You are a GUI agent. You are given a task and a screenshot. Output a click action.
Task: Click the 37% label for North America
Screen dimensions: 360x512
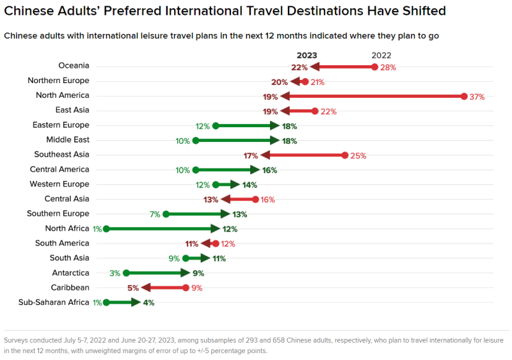pos(477,97)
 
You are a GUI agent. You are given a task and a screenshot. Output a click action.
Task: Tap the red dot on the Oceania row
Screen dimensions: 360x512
pos(374,67)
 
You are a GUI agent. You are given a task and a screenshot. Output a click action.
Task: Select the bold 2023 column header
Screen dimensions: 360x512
pos(307,56)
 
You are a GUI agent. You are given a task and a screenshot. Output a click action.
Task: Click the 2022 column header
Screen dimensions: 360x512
pos(381,56)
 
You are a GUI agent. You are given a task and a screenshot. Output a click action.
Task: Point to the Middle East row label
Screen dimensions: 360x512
pos(68,139)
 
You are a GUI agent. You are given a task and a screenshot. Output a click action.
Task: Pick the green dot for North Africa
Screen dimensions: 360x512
pos(106,228)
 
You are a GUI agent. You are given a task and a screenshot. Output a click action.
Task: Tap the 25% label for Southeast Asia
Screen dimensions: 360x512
pos(358,155)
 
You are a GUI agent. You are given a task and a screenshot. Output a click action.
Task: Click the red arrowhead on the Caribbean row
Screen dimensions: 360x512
pos(147,288)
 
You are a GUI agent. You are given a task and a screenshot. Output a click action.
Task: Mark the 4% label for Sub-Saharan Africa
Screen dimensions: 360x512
pos(148,302)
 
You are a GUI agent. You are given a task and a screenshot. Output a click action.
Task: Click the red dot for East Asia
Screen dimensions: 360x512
pos(315,111)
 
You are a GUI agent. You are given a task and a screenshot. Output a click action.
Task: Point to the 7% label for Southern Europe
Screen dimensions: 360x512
pos(154,214)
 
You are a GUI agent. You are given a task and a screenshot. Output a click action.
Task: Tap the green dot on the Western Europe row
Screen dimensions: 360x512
pos(216,185)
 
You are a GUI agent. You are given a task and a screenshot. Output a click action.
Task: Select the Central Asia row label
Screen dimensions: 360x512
pos(67,199)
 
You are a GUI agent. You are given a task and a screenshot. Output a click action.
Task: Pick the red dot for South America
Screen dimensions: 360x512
pos(216,244)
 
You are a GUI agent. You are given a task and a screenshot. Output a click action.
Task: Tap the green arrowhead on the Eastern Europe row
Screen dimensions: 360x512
pos(275,125)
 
